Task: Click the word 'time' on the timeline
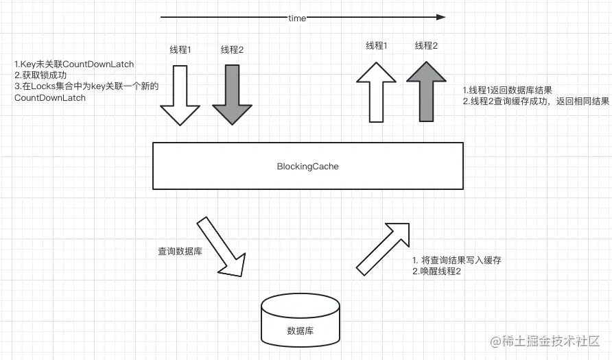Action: (297, 18)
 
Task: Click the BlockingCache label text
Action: (307, 166)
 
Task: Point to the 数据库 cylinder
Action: (301, 322)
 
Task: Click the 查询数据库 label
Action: (180, 251)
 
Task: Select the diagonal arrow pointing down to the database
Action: (221, 247)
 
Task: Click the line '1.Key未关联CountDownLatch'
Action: (74, 64)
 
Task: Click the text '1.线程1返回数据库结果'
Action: (508, 90)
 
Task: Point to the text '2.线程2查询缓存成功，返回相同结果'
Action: (536, 101)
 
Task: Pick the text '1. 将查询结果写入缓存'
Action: (457, 261)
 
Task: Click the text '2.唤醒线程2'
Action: (436, 272)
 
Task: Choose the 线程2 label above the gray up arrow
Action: (426, 46)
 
